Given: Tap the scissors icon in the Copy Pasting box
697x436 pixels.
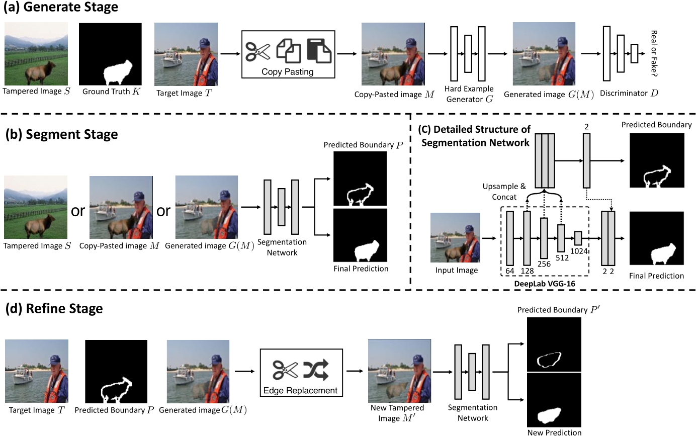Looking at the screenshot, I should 258,50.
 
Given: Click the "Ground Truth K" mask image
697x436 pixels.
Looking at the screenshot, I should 110,54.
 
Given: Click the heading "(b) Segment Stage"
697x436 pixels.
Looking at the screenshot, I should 62,134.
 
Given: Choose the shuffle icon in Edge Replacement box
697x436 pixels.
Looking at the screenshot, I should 315,371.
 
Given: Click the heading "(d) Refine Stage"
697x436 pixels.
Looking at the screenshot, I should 54,308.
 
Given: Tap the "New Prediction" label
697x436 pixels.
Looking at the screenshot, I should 554,432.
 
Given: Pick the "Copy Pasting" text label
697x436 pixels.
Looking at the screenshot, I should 288,71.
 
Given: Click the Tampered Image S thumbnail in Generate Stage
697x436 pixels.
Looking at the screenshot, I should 37,54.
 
